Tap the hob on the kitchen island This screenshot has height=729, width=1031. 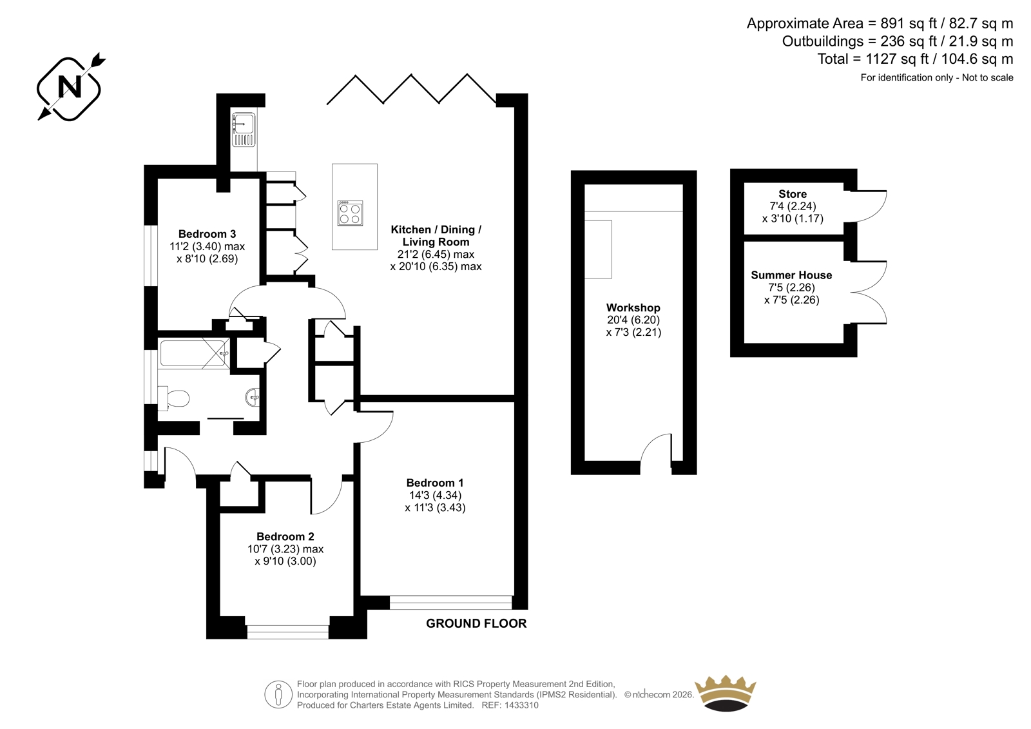point(350,213)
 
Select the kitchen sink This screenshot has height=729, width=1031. point(244,130)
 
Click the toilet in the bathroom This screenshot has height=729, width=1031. point(173,398)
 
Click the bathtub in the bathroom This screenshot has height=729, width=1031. point(194,353)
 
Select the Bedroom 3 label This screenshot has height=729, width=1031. point(207,234)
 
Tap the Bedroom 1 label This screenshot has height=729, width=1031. point(435,483)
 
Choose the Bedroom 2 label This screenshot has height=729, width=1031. point(285,536)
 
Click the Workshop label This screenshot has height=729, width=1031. point(633,307)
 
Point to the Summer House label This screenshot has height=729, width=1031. point(792,275)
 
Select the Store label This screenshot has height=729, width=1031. point(793,194)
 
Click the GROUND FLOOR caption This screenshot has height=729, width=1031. point(476,623)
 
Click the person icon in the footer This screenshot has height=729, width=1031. point(278,694)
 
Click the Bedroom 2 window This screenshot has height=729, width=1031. point(287,632)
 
